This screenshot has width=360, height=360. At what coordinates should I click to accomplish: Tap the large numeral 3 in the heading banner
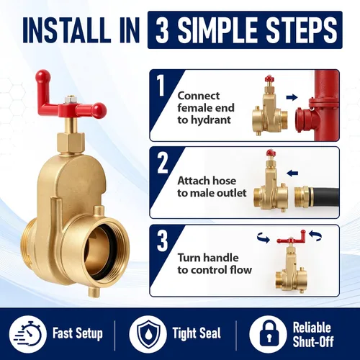point(163,30)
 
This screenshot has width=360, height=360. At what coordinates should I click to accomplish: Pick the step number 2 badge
point(163,163)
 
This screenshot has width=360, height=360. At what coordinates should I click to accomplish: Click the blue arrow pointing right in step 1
point(292,97)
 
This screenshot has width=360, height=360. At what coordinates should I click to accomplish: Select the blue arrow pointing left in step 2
point(292,173)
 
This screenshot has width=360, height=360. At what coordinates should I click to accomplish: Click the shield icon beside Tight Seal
point(148,333)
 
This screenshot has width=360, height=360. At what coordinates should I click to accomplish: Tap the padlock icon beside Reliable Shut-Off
point(268,333)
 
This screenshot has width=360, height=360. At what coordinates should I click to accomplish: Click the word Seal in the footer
point(207,333)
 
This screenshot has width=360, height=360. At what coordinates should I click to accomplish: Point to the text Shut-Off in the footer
point(313,341)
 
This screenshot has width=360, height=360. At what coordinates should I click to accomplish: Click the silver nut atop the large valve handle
point(70,98)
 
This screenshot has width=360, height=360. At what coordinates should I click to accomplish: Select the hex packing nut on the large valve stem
point(71,141)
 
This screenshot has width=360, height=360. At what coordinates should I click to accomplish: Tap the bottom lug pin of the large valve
point(94,292)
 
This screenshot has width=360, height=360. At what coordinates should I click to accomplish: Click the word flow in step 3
point(240,269)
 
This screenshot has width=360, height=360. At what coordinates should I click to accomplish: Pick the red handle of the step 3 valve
point(292,238)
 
